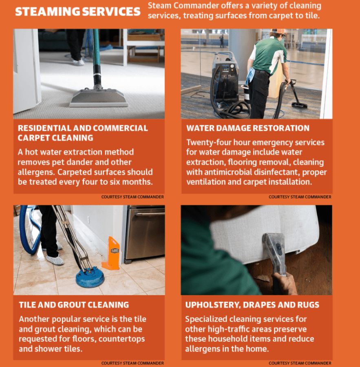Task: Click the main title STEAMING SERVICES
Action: tap(78, 12)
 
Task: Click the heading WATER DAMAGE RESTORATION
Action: tap(248, 128)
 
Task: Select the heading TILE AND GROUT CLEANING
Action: tap(74, 305)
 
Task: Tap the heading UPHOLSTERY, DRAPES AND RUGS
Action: tap(252, 305)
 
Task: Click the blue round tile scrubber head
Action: tap(90, 277)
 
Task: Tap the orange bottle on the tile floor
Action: tap(111, 253)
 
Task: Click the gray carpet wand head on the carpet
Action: tap(99, 97)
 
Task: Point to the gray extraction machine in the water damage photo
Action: tap(225, 76)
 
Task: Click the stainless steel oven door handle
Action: tap(151, 214)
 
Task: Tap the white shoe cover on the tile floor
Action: tap(55, 260)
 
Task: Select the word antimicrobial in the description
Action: tap(228, 172)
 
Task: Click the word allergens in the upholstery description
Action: tap(203, 349)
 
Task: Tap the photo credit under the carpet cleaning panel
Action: tap(133, 197)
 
